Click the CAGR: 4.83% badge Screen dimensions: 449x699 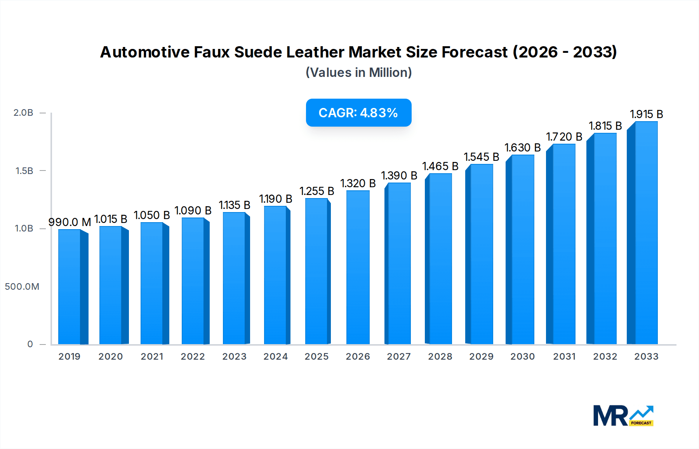[358, 113]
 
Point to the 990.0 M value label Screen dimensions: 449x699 [70, 222]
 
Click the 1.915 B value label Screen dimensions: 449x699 [646, 114]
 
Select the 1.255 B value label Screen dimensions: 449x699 [316, 191]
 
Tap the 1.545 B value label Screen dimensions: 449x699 [481, 157]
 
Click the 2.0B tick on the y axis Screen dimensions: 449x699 [23, 113]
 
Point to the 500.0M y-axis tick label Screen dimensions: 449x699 [22, 287]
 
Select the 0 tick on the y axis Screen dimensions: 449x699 [30, 344]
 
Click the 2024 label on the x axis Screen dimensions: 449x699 [275, 357]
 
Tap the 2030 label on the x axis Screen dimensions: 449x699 [522, 357]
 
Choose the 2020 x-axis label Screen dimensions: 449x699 [111, 357]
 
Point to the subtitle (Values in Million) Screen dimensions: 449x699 [358, 72]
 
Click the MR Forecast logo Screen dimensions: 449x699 [623, 416]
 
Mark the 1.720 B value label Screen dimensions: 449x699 [564, 137]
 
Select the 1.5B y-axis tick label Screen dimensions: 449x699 [24, 171]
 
